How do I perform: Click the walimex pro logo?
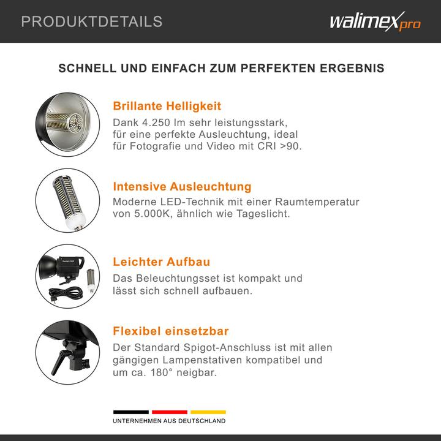click(x=375, y=22)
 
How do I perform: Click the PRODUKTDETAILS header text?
click(x=92, y=22)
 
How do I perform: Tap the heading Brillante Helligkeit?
click(x=167, y=106)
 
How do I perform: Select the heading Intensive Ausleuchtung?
click(x=182, y=186)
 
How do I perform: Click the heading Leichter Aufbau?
click(x=162, y=262)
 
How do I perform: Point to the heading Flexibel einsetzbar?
click(x=171, y=331)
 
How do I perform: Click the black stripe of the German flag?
click(x=130, y=412)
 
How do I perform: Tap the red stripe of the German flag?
click(x=169, y=412)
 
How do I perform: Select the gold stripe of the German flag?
click(x=208, y=412)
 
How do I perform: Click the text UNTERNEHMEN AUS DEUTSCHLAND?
click(x=169, y=421)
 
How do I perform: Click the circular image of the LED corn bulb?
click(x=67, y=199)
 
